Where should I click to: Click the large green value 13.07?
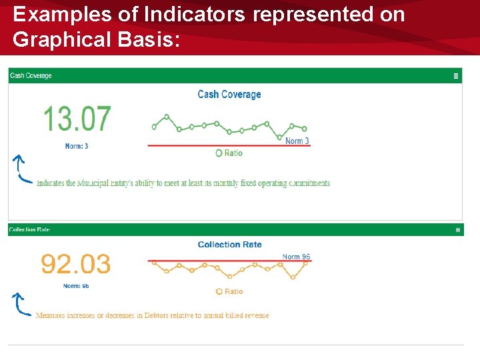pyautogui.click(x=77, y=119)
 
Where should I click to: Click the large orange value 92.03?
pyautogui.click(x=75, y=264)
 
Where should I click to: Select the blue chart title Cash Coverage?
pyautogui.click(x=229, y=95)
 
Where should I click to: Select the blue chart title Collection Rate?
pyautogui.click(x=229, y=245)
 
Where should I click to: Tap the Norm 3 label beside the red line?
pyautogui.click(x=297, y=141)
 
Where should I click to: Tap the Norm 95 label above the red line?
pyautogui.click(x=296, y=257)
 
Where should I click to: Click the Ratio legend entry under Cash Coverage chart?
pyautogui.click(x=229, y=153)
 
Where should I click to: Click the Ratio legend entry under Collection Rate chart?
pyautogui.click(x=229, y=291)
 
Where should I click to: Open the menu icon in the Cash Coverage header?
pyautogui.click(x=456, y=76)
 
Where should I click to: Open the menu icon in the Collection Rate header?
pyautogui.click(x=457, y=230)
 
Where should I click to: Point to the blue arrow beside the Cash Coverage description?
pyautogui.click(x=21, y=169)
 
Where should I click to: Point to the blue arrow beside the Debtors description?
pyautogui.click(x=21, y=304)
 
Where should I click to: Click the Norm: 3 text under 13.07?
pyautogui.click(x=77, y=146)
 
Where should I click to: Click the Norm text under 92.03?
pyautogui.click(x=76, y=286)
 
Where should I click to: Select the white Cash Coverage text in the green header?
pyautogui.click(x=31, y=76)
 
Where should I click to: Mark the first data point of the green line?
pyautogui.click(x=155, y=127)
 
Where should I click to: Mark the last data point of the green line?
pyautogui.click(x=305, y=129)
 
